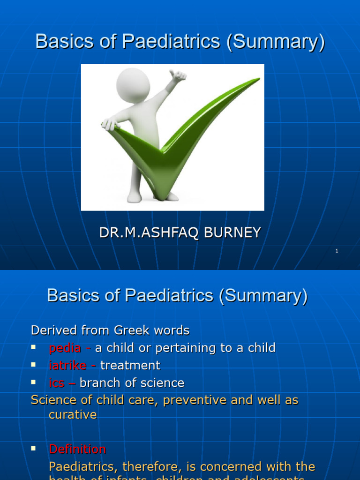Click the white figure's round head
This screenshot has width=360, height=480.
coord(133,85)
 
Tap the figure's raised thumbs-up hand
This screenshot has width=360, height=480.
coord(179,76)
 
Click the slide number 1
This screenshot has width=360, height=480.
coord(337,251)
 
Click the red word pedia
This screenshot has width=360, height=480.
coord(65,348)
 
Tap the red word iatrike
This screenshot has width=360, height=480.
coord(67,366)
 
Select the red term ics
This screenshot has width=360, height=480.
coord(57,383)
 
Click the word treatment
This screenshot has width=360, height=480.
coord(130,366)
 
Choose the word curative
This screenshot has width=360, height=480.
coord(73,415)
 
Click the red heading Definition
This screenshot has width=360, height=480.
coord(77,449)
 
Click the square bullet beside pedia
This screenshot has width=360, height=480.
coord(34,347)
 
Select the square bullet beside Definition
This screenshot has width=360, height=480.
coord(34,448)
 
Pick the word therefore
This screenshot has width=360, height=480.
coord(145,467)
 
